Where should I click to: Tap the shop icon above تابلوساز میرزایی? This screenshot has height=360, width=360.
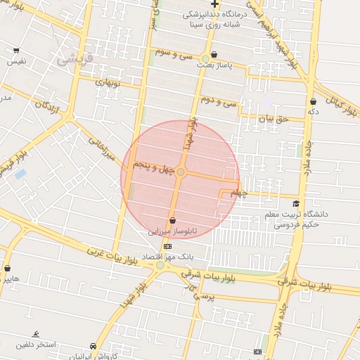coord(172,221)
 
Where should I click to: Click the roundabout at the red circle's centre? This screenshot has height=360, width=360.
coord(181,172)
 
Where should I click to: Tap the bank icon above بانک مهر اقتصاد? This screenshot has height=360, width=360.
coord(167,247)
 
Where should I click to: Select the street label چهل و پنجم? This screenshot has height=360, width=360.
coord(153,167)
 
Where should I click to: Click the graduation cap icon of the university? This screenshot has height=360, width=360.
coord(295,204)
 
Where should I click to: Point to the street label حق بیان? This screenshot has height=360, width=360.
coord(274,120)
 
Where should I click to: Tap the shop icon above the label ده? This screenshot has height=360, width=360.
coord(313,102)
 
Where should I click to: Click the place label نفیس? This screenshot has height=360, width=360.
coord(16,61)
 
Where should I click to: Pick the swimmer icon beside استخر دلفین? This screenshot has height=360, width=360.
coord(36,334)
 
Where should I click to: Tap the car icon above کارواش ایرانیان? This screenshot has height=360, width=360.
coord(92,347)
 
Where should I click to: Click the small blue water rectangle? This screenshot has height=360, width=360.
coord(20,173)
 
